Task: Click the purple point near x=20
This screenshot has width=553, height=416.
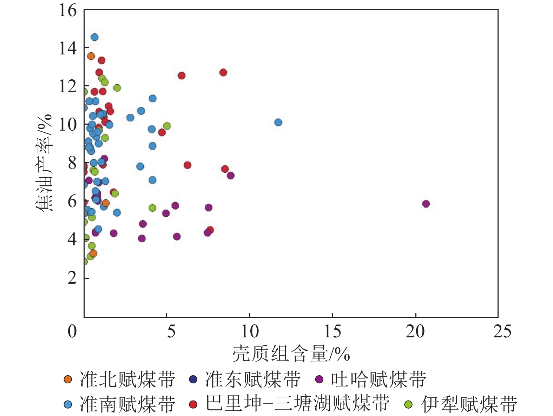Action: (426, 204)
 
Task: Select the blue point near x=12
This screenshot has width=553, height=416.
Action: (278, 122)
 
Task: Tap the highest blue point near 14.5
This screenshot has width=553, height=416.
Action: (94, 37)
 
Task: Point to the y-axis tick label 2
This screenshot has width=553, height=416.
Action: (72, 278)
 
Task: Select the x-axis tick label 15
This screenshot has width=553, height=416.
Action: (332, 331)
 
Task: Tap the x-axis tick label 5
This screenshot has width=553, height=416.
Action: (171, 331)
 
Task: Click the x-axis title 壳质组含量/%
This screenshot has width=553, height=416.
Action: (291, 354)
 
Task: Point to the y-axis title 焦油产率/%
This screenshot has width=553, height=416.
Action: (45, 162)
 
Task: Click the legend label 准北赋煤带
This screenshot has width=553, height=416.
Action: (127, 379)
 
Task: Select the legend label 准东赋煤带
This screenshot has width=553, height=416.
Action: (253, 379)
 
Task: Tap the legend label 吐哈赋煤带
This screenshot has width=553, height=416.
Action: (378, 379)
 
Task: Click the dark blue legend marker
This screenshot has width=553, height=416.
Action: (193, 379)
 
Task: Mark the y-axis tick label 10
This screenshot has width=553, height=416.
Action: (67, 124)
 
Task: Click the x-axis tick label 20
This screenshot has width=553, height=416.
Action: (415, 331)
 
